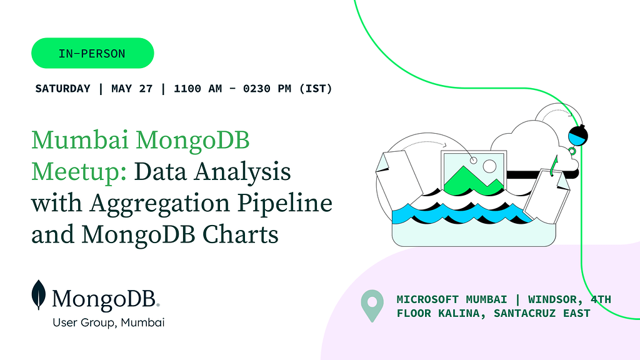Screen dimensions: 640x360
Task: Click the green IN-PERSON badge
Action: [92, 53]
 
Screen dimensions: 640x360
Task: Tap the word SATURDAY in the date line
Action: [62, 89]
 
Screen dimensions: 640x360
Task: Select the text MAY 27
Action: [132, 89]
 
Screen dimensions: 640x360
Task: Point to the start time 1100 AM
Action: [198, 89]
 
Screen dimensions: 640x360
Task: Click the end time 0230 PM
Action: [267, 89]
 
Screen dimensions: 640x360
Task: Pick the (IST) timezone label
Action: [316, 89]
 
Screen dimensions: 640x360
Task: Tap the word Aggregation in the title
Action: [160, 204]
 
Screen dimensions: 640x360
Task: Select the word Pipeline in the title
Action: [285, 204]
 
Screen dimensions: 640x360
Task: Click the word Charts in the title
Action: [241, 235]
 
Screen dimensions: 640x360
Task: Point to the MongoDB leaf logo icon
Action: [39, 295]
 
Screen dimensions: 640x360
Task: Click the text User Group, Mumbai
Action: [109, 322]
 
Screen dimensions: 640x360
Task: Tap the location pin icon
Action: [372, 306]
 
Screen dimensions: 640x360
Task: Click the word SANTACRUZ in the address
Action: [524, 314]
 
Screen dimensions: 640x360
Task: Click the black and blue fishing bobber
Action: [577, 135]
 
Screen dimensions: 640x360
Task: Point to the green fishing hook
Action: [553, 166]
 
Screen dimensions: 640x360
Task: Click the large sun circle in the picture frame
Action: [489, 166]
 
